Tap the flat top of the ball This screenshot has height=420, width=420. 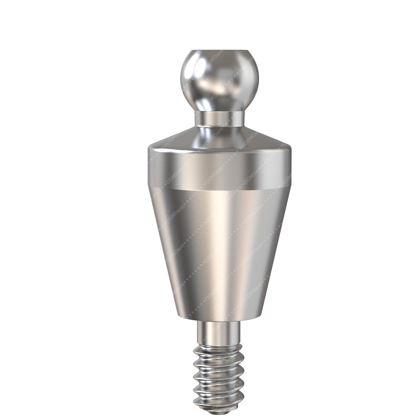click(x=220, y=52)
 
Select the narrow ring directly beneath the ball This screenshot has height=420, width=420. click(x=220, y=118)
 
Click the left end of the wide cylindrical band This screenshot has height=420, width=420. click(x=150, y=168)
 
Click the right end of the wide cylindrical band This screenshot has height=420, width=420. click(x=289, y=168)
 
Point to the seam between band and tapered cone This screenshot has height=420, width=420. click(x=220, y=186)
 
